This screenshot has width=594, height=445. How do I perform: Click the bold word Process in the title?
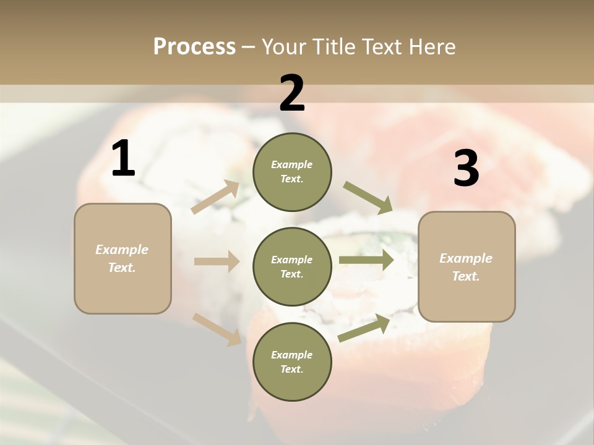pyautogui.click(x=194, y=47)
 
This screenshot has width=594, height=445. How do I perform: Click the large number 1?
pyautogui.click(x=123, y=159)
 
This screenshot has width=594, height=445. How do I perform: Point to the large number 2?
pyautogui.click(x=292, y=93)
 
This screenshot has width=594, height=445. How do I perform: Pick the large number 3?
pyautogui.click(x=466, y=169)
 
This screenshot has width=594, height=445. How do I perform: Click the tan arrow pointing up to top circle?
pyautogui.click(x=215, y=197)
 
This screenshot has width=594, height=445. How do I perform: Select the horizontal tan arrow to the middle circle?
pyautogui.click(x=217, y=261)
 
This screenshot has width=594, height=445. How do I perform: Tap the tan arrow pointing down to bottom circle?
pyautogui.click(x=217, y=329)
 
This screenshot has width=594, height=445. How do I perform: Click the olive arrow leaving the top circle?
pyautogui.click(x=368, y=197)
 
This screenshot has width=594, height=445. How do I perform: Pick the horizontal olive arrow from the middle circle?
pyautogui.click(x=366, y=260)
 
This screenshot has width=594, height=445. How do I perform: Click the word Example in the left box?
pyautogui.click(x=122, y=250)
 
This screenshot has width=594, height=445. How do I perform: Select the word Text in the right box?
pyautogui.click(x=465, y=276)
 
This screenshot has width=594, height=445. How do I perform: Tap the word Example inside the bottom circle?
pyautogui.click(x=291, y=355)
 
